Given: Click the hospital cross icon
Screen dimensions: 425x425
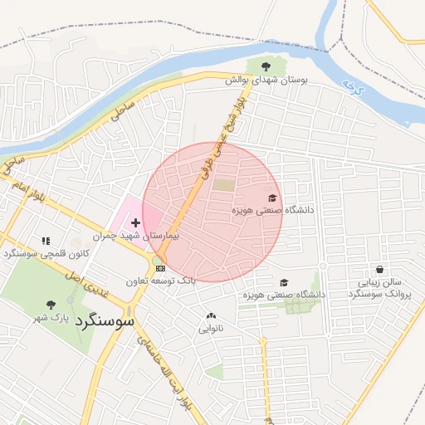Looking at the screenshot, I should point(135,223).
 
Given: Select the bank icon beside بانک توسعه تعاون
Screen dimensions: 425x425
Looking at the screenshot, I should point(160,268).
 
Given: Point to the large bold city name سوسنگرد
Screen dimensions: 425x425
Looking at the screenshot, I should point(109,320).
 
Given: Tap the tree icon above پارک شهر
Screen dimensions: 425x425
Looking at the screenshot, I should point(51,305).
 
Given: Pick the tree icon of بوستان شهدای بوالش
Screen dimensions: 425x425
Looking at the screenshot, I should point(265,66).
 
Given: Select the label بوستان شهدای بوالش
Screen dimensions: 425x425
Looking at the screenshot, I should point(265,81).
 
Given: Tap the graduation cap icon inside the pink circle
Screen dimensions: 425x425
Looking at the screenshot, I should point(272,198).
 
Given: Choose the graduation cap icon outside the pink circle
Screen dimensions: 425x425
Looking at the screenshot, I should point(285,282).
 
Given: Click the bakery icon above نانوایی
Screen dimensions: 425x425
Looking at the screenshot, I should point(211,315).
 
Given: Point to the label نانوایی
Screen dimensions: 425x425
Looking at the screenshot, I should point(211,329).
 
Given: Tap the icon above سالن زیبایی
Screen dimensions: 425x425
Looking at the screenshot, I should point(379,269).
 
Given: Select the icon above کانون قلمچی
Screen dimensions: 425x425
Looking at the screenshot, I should point(46,241).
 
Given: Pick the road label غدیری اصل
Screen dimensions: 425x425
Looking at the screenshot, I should point(89,285).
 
